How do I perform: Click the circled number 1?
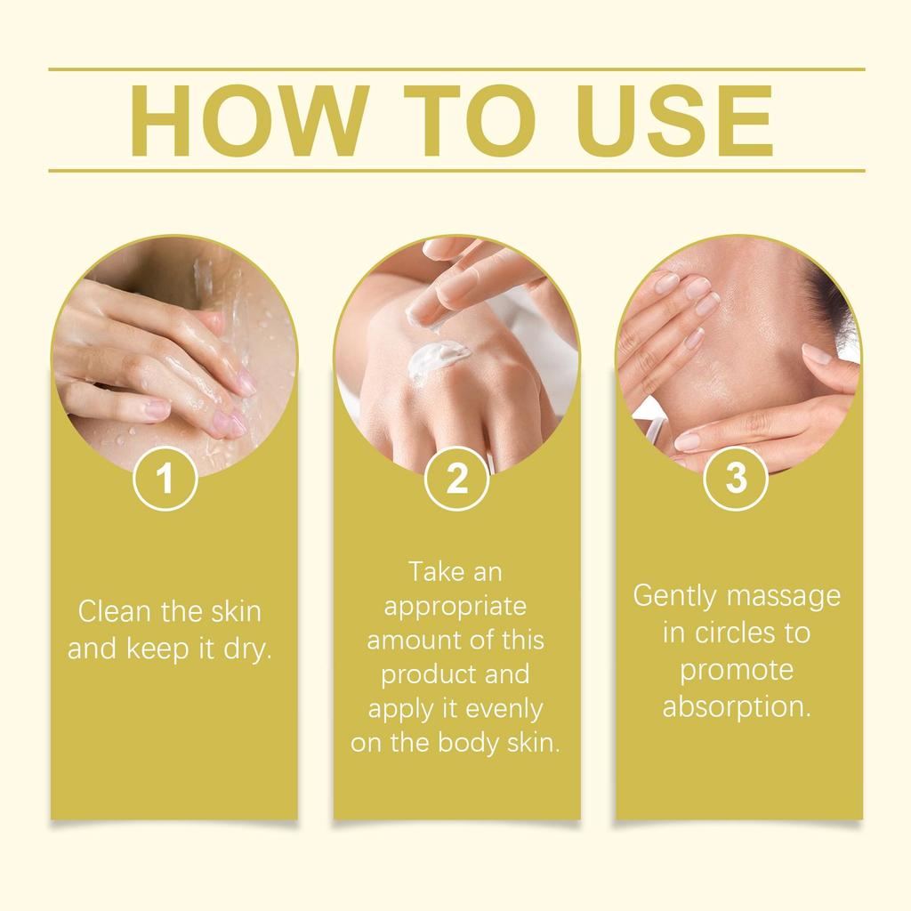[165, 480]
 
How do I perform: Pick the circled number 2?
[456, 480]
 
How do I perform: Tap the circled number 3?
[736, 478]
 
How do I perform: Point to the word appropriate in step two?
[455, 606]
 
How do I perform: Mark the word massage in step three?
[785, 595]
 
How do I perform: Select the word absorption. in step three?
[738, 707]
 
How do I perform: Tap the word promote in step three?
[737, 670]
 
